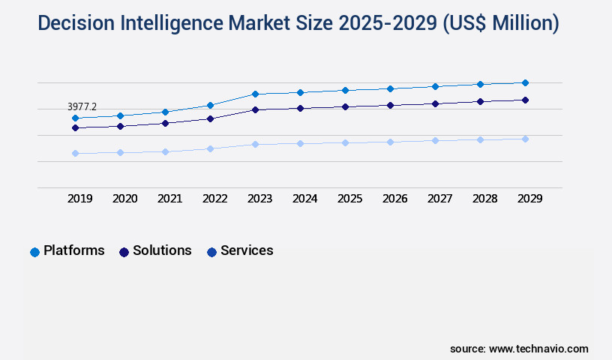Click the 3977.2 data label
(82, 107)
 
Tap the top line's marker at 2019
(75, 118)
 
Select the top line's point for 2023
(255, 94)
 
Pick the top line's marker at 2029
(525, 82)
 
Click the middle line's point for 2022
(210, 118)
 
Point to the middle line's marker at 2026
(390, 105)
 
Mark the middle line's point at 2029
(525, 100)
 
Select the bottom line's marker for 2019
(75, 153)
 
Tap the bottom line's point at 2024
(300, 143)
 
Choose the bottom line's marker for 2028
(480, 139)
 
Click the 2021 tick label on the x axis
(169, 199)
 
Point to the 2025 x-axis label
(349, 199)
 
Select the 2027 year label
(439, 199)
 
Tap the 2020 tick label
(124, 199)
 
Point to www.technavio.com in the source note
(538, 349)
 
